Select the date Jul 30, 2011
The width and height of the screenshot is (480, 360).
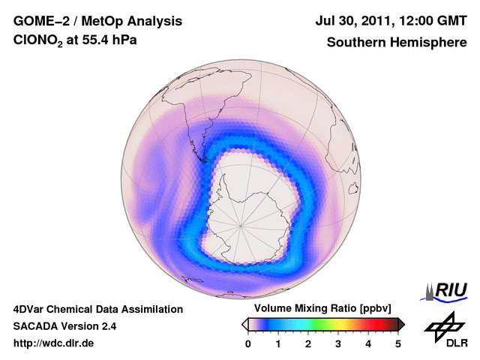tap(357, 22)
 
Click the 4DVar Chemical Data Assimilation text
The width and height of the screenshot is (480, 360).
tap(97, 309)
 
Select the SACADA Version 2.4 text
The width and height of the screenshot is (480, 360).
tap(64, 326)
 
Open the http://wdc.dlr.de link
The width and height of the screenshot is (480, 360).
tap(54, 343)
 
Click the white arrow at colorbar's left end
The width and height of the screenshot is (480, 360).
tap(244, 324)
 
